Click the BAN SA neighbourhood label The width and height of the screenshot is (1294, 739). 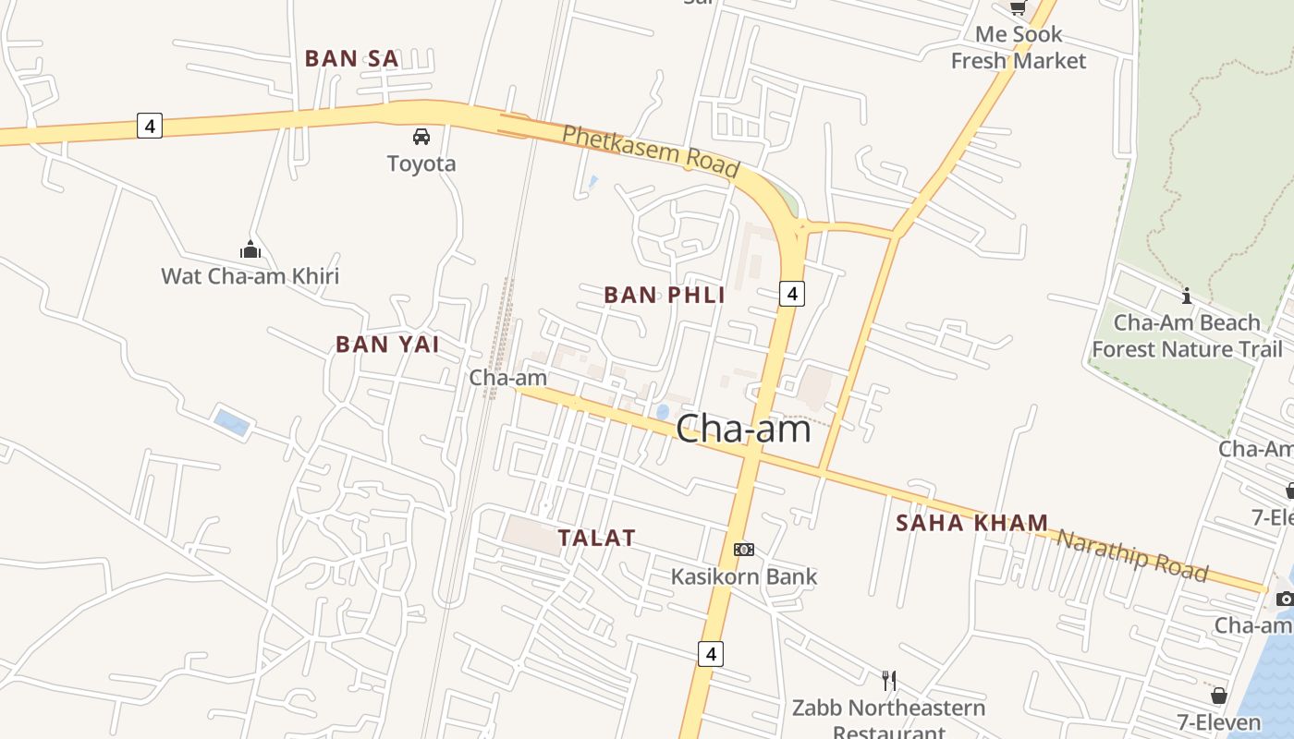coord(351,58)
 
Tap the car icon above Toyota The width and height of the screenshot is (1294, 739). coord(421,137)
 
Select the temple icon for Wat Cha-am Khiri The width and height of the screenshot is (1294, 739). coord(250,249)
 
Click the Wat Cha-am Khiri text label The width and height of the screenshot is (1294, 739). coord(250,275)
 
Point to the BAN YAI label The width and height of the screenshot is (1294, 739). coord(387,345)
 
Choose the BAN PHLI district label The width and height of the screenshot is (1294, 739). coord(664,296)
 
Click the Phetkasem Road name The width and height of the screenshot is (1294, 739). coord(651,151)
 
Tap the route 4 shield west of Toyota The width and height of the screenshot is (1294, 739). coord(150,126)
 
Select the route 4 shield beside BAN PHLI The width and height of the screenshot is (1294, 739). coord(791,294)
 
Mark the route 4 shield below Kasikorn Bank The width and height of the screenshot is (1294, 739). coord(710,654)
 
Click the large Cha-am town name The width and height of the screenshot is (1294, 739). coord(743,429)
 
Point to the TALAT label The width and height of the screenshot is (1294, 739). coord(597,538)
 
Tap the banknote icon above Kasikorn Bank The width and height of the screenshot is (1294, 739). coord(743,550)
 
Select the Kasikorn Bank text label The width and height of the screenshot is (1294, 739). coord(743,576)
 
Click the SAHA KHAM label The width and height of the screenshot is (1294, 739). coord(971,523)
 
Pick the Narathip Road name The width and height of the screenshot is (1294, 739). coord(1131,555)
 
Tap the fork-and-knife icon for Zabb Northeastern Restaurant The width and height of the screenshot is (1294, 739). coord(889,682)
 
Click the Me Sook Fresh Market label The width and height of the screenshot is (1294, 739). coord(1019,48)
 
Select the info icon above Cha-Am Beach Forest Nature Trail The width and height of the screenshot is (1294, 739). coord(1187,297)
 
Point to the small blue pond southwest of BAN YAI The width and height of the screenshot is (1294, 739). coord(231,422)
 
